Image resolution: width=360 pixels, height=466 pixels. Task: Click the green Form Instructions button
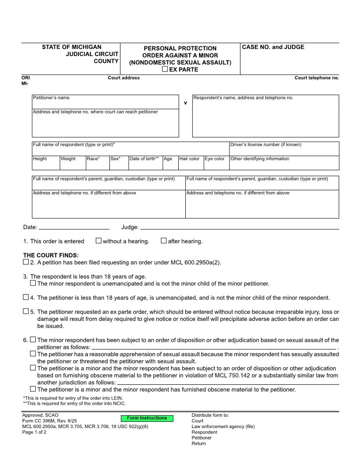tap(147, 418)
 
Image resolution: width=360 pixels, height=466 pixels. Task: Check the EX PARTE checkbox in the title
tap(165, 69)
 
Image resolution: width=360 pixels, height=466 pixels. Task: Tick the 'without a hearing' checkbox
tap(98, 241)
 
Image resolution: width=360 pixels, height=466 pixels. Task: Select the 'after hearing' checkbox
tap(164, 241)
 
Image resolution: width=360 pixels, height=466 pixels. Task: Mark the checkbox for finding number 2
tap(26, 262)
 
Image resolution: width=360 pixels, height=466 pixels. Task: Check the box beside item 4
tap(26, 297)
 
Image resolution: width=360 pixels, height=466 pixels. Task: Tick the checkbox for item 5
tap(26, 312)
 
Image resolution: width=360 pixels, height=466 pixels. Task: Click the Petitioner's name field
tap(105, 104)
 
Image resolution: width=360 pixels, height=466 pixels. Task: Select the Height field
tap(46, 165)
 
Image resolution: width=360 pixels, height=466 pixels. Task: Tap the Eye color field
tap(216, 165)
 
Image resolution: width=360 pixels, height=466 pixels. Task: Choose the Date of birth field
tap(145, 165)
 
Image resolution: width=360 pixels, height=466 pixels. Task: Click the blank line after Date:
tap(74, 227)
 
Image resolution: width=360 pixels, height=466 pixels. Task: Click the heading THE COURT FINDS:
tap(51, 255)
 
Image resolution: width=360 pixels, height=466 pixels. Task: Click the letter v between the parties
tap(185, 102)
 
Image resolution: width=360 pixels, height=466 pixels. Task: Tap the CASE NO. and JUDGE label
tap(273, 47)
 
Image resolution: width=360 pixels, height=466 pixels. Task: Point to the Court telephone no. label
tap(317, 78)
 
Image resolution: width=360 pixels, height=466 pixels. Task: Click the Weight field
tap(72, 165)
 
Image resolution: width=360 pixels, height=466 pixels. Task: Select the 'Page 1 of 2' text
tap(34, 432)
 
